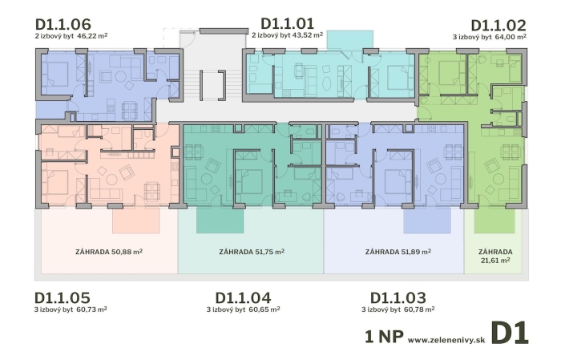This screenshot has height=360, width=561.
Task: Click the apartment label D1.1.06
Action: click(63, 24)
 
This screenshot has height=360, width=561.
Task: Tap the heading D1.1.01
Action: click(288, 23)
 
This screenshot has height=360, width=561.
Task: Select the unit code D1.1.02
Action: click(498, 26)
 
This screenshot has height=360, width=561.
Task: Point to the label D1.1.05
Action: click(63, 297)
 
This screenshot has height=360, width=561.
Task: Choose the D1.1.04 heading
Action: click(244, 297)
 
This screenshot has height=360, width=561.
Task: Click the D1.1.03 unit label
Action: click(398, 297)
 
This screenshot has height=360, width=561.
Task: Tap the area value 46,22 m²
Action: click(92, 36)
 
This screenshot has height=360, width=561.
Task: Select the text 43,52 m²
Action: click(307, 35)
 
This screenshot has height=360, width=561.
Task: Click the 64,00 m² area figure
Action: click(511, 37)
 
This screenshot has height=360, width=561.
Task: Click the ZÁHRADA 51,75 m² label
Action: click(252, 252)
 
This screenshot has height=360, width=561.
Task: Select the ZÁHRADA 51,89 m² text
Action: click(398, 252)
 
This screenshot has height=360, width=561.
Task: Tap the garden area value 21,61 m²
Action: click(495, 260)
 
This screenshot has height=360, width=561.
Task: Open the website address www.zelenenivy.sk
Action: click(446, 340)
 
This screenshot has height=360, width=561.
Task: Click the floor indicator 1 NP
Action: click(384, 337)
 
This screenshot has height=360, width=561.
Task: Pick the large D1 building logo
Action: click(510, 334)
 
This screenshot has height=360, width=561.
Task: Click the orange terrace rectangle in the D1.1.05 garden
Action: click(136, 220)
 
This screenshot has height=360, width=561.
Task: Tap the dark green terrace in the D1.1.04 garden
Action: click(220, 220)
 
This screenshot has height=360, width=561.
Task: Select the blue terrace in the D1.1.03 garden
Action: click(427, 220)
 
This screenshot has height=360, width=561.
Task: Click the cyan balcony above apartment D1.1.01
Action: click(350, 39)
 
